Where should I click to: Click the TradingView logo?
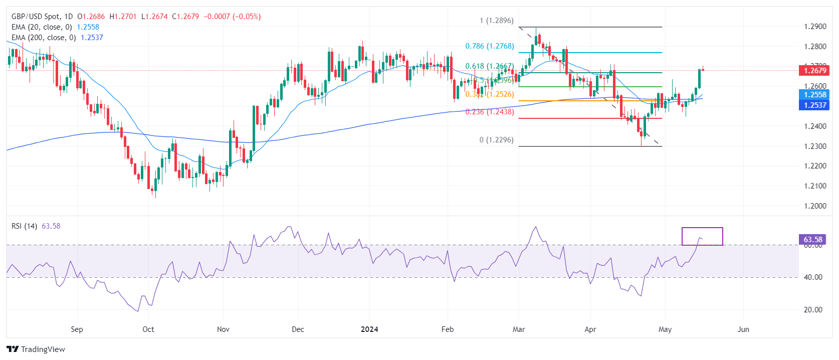pos(36,349)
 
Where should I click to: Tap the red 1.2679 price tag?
pos(814,71)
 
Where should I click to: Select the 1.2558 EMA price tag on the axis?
pos(814,95)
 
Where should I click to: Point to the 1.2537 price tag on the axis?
pos(814,105)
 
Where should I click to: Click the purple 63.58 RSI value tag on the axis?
pos(812,240)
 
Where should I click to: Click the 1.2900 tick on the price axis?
pos(814,27)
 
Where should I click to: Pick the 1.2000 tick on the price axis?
pos(814,206)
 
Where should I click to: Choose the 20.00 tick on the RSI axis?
pos(813,310)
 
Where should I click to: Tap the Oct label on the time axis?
pos(148,329)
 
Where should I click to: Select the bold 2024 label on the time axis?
pos(369,329)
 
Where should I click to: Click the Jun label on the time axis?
pos(743,329)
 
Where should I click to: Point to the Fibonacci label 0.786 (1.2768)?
pos(489,46)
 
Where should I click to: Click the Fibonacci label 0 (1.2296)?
pos(496,140)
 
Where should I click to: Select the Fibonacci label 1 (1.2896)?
pos(496,21)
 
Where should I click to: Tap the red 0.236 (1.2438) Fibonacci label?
pos(489,112)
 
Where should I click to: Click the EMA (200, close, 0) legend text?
pos(44,38)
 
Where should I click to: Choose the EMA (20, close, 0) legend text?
pos(42,27)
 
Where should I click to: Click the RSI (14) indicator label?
pos(24,226)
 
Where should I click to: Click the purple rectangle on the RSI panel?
pos(702,236)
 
